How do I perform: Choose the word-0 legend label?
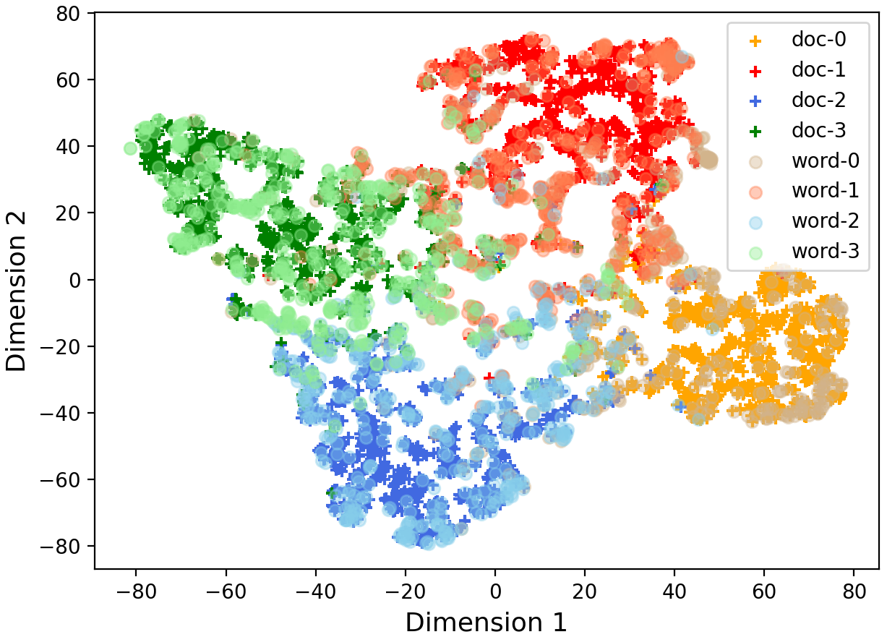(825, 161)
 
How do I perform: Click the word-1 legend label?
(825, 191)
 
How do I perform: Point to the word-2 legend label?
(825, 221)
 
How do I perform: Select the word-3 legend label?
(825, 252)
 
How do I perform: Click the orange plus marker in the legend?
(755, 40)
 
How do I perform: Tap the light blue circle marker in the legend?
(755, 222)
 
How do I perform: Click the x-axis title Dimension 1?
(486, 622)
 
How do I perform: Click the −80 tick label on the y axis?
(67, 546)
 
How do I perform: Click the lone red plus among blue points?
(489, 376)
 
